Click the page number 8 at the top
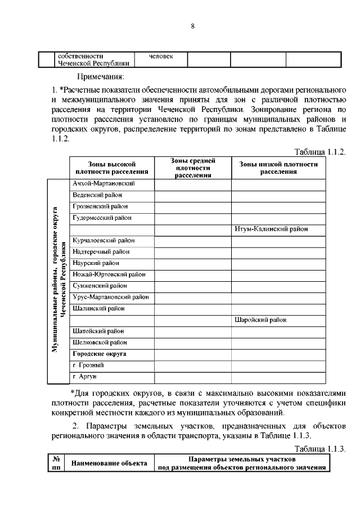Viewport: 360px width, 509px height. [192, 26]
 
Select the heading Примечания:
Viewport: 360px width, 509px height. [100, 76]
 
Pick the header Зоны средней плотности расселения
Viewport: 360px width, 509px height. [193, 168]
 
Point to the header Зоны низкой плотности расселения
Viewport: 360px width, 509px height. [278, 168]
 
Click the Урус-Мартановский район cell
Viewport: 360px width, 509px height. [111, 297]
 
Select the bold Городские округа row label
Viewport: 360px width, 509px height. [99, 354]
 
